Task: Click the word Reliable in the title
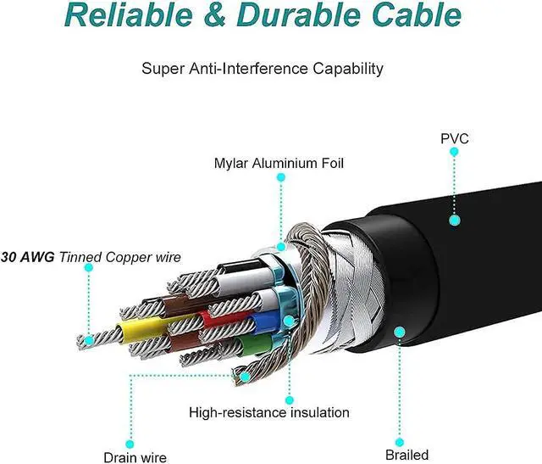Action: click(128, 14)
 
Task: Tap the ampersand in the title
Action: click(215, 15)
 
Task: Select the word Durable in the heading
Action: click(299, 14)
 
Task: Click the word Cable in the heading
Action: click(417, 14)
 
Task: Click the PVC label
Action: click(455, 139)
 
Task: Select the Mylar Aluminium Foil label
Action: click(279, 163)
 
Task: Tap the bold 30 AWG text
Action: click(28, 257)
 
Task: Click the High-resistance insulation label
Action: click(269, 412)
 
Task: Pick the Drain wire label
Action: click(135, 457)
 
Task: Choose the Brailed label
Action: click(406, 455)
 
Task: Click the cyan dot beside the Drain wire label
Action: click(130, 444)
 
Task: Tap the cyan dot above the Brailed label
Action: click(400, 442)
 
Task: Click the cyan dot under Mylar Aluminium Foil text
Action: click(281, 177)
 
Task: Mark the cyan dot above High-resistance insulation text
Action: click(290, 400)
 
